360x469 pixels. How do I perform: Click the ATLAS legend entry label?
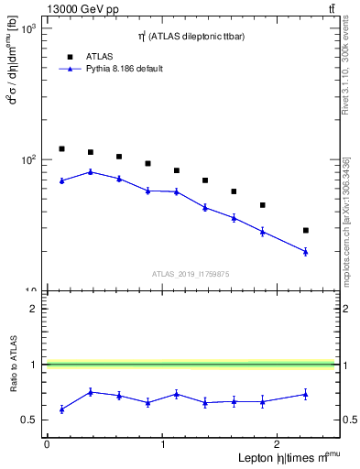click(x=101, y=55)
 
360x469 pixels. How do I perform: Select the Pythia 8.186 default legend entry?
click(x=125, y=69)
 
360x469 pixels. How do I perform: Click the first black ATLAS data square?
click(x=61, y=148)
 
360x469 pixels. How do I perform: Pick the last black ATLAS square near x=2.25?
click(x=306, y=230)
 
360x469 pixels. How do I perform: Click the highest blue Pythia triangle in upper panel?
click(x=90, y=171)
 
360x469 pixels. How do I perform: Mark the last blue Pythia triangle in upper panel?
click(x=306, y=251)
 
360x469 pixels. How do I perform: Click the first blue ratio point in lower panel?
click(x=61, y=409)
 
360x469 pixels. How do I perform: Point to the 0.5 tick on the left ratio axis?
click(x=34, y=420)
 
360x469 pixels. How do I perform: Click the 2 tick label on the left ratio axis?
click(x=34, y=309)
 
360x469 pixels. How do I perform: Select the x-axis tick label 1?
click(x=163, y=444)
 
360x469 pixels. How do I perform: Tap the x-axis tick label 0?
click(x=47, y=444)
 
